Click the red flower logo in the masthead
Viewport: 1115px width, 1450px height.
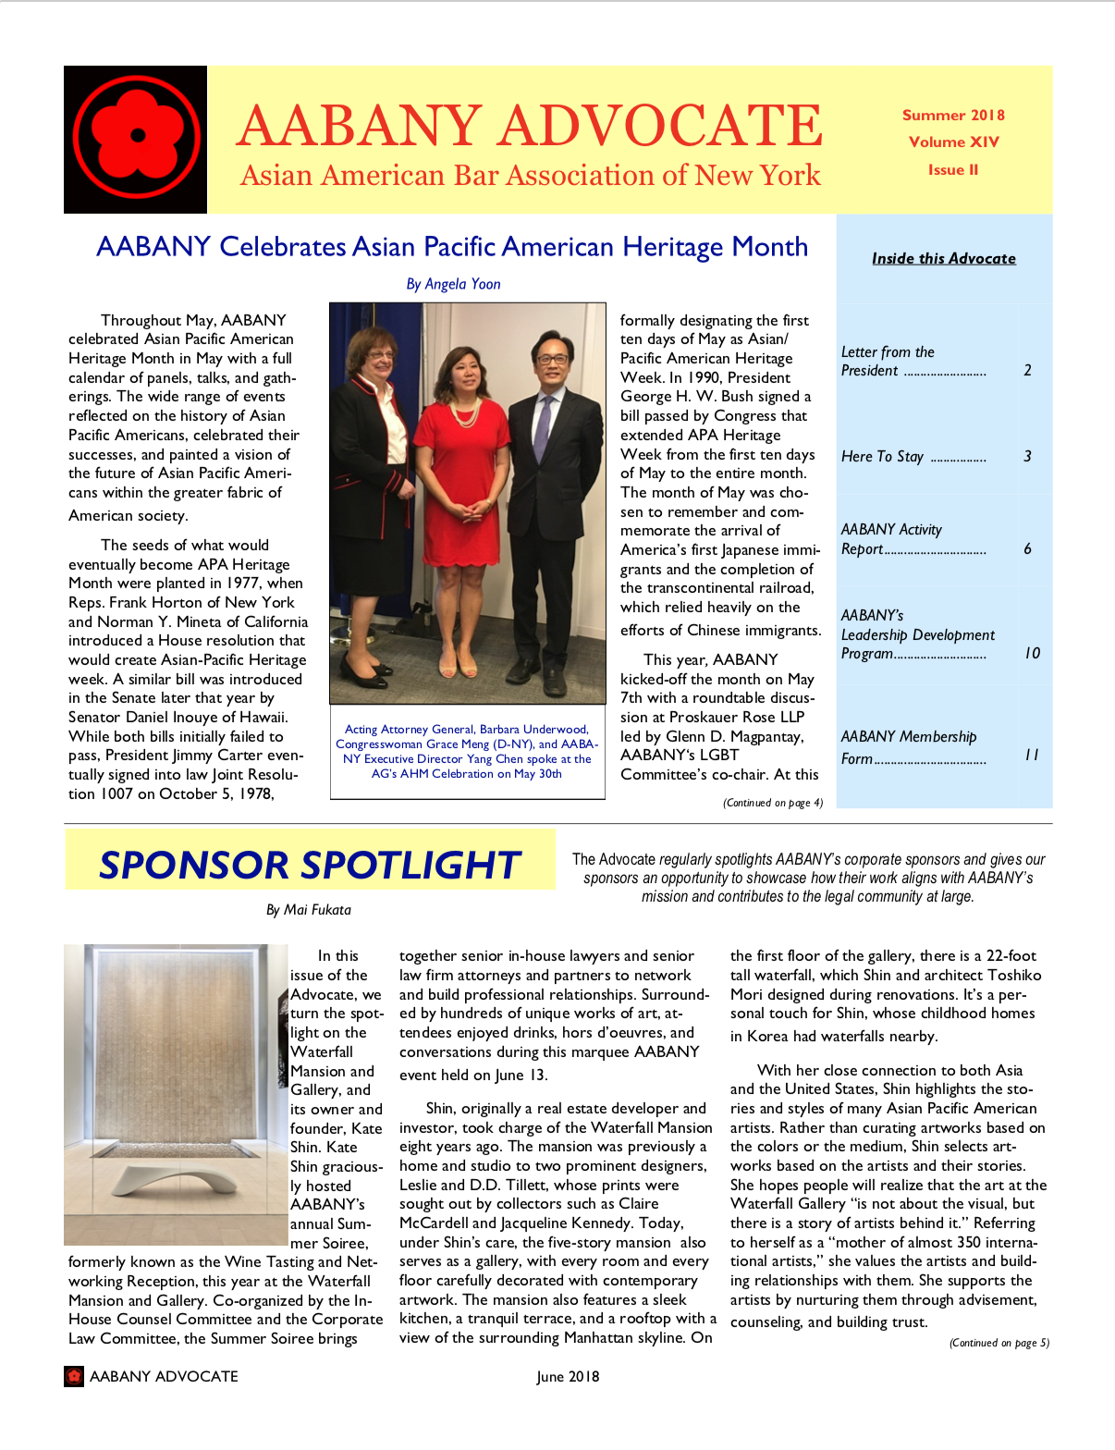136,137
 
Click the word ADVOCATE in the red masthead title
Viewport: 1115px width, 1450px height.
662,126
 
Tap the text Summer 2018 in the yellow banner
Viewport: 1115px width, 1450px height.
953,116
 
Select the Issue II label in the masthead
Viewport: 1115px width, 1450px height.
953,170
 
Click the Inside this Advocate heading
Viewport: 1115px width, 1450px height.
943,259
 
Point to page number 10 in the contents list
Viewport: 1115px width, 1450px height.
1032,654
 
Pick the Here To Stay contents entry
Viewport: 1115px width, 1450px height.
882,457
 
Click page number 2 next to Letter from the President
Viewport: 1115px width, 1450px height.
1027,371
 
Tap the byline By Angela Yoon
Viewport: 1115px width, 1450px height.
453,284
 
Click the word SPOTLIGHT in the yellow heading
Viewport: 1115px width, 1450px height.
411,866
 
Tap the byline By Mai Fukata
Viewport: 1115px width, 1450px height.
309,910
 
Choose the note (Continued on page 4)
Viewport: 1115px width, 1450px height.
773,803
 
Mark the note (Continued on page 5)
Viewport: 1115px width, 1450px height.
999,1343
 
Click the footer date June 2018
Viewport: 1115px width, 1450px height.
568,1377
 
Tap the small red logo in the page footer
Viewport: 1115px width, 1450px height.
74,1376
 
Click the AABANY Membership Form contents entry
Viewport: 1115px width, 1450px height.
909,747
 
